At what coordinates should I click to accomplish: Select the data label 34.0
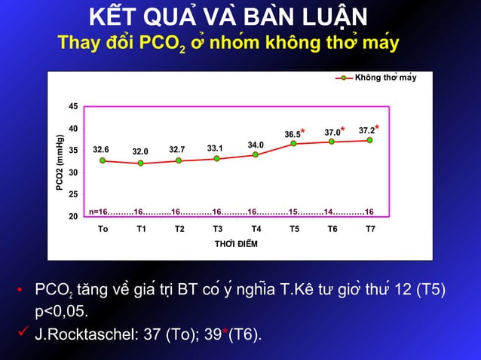[x=256, y=145]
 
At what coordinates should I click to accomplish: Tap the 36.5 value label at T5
[x=293, y=135]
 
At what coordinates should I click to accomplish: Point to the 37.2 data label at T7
[x=366, y=131]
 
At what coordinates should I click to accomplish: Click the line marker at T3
[x=216, y=158]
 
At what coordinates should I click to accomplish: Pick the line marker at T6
[x=332, y=142]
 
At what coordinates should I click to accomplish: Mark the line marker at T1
[x=140, y=163]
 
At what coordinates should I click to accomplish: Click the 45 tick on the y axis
[x=73, y=106]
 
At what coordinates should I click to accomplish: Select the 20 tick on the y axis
[x=73, y=217]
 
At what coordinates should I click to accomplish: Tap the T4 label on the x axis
[x=256, y=229]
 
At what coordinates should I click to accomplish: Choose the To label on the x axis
[x=103, y=229]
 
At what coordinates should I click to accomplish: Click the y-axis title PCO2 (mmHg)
[x=60, y=163]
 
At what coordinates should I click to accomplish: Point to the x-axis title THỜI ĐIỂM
[x=236, y=244]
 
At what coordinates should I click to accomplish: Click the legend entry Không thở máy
[x=384, y=78]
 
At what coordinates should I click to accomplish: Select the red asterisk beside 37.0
[x=343, y=130]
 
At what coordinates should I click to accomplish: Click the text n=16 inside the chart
[x=99, y=212]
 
